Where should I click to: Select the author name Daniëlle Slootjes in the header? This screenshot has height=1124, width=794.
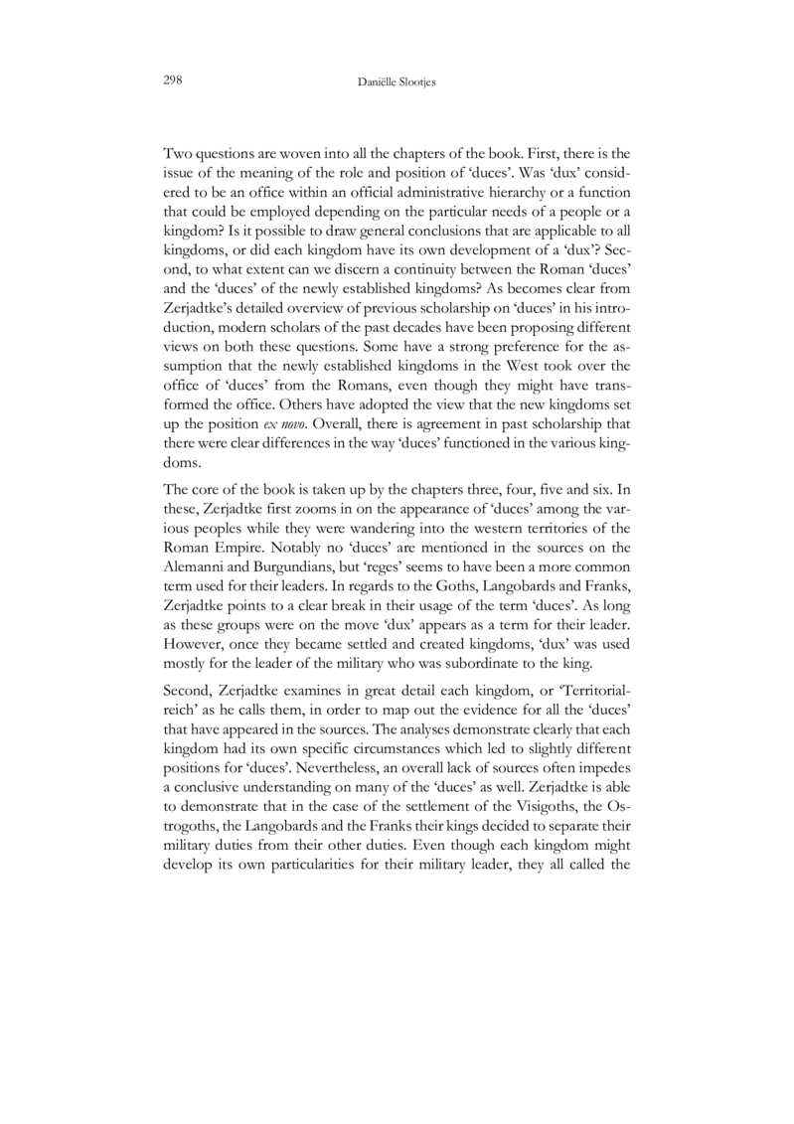tap(397, 79)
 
